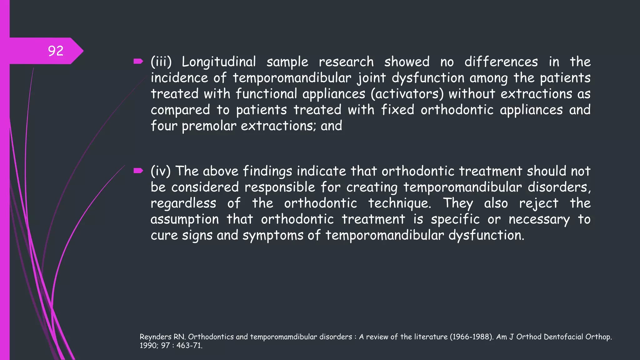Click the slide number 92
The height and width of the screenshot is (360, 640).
click(56, 51)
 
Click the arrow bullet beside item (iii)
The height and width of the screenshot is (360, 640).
click(138, 61)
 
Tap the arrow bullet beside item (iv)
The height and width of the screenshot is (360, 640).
click(138, 171)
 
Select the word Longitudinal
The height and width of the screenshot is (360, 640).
click(219, 62)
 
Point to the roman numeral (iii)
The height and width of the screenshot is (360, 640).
click(161, 62)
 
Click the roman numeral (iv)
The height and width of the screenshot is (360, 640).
click(161, 171)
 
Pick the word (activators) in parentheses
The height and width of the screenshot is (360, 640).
click(407, 94)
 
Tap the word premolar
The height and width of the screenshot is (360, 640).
click(209, 126)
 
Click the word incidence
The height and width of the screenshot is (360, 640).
click(179, 78)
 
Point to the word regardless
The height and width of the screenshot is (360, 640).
click(183, 203)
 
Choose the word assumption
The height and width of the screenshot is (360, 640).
click(185, 219)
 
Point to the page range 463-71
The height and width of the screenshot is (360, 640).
click(189, 346)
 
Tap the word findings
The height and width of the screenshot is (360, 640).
click(267, 172)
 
